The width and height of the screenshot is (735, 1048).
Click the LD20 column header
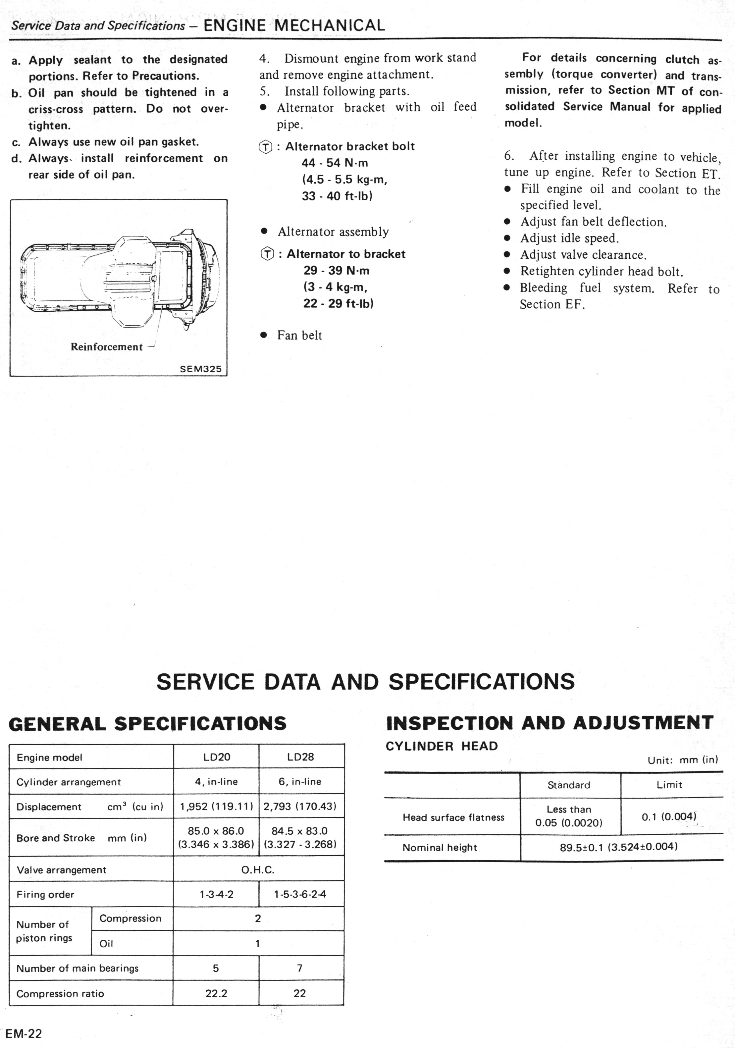click(216, 757)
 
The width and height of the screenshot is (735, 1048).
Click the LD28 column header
click(300, 757)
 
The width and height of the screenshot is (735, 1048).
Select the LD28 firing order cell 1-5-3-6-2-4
click(300, 894)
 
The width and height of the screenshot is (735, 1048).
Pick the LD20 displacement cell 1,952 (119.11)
click(216, 806)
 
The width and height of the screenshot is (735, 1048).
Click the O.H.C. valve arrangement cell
click(258, 869)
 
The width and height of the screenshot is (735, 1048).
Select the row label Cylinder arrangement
click(69, 782)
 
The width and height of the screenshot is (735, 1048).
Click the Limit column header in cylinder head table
click(669, 785)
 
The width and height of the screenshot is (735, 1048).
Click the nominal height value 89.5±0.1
click(619, 847)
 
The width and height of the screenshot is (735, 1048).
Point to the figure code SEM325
click(200, 369)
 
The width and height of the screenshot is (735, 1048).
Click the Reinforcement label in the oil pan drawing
click(106, 347)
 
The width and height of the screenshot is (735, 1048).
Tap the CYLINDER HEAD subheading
click(442, 746)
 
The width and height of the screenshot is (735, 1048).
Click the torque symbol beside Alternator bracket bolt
click(266, 147)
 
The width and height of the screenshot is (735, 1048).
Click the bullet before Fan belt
click(263, 335)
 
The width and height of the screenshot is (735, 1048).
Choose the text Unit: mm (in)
click(682, 760)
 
